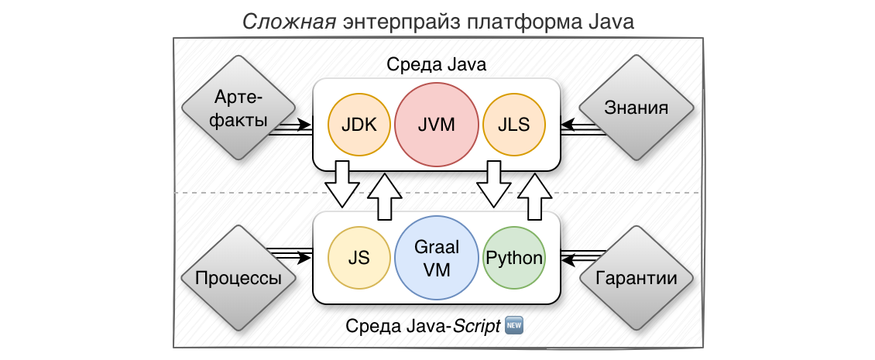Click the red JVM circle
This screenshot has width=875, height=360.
tap(436, 125)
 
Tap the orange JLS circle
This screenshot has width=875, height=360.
tap(513, 125)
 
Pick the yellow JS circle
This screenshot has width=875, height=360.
tap(359, 258)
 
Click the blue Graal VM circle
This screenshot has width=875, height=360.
tap(436, 258)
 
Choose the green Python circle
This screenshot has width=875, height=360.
tap(513, 258)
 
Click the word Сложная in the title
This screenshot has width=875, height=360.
tap(287, 22)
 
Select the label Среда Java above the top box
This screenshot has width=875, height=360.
tap(436, 65)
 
